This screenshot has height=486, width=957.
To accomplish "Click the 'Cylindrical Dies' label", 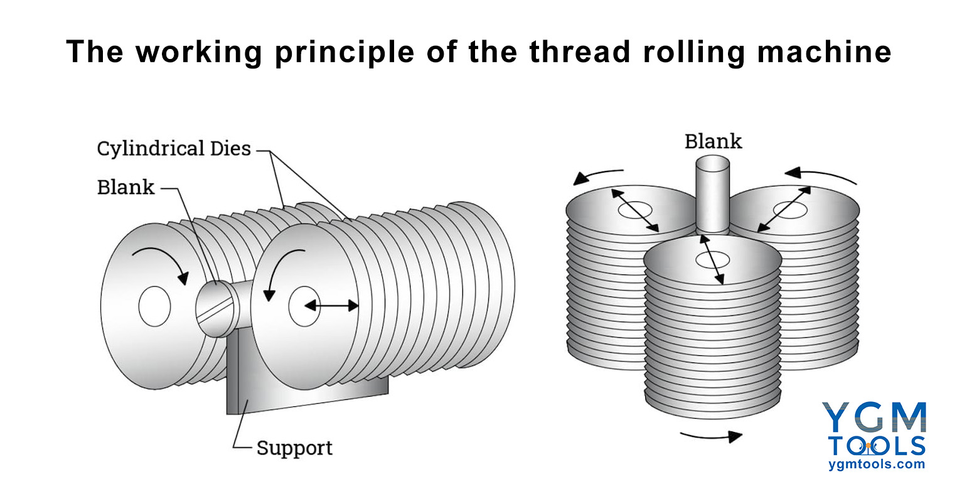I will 174,149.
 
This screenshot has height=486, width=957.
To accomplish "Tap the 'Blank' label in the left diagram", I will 126,187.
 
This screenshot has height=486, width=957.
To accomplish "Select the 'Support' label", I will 294,448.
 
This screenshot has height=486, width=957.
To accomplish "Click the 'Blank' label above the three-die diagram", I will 713,141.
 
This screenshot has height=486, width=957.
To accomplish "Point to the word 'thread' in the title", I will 579,51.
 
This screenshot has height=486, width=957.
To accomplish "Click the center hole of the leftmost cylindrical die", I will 154,307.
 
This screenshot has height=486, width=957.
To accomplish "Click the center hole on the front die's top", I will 713,258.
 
